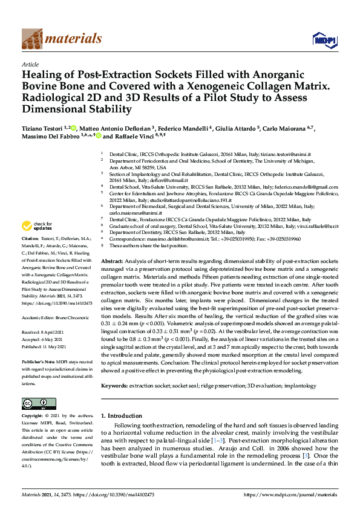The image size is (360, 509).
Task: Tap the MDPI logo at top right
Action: point(321,40)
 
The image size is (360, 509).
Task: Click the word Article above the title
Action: point(31,63)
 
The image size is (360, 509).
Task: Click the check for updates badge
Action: point(37,227)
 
